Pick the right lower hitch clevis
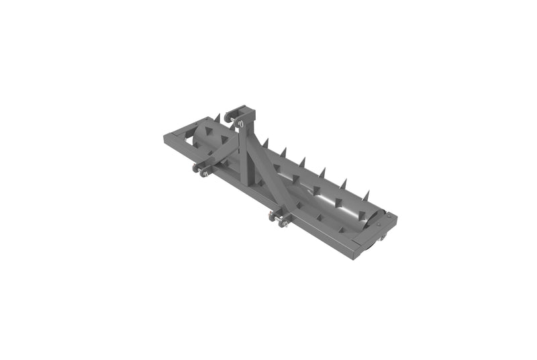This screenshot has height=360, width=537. coord(279,218)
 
